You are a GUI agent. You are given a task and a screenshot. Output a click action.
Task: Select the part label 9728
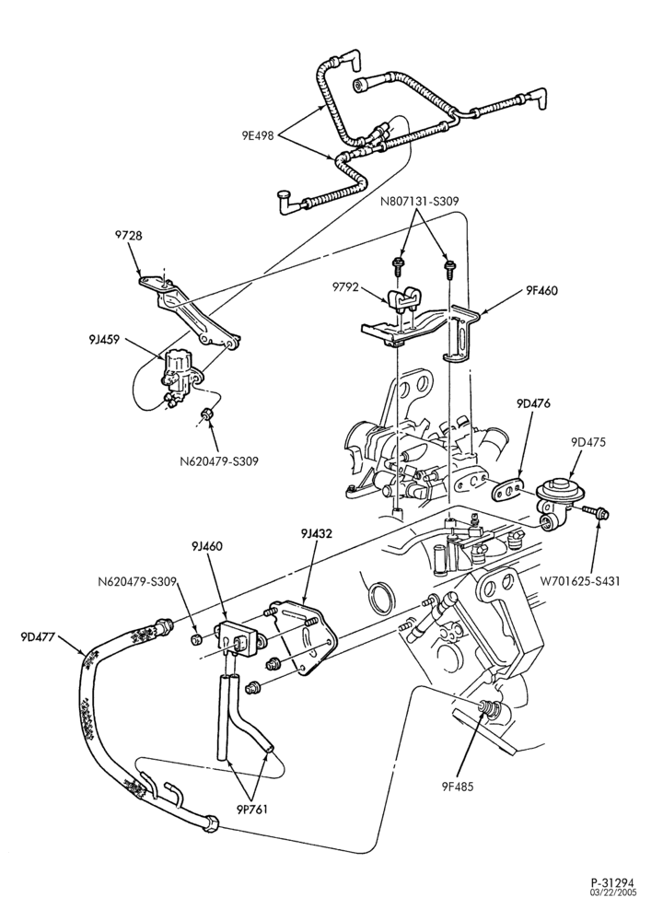[128, 236]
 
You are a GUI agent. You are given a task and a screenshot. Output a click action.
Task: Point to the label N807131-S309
[419, 202]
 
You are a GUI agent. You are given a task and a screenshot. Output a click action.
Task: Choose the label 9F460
[541, 290]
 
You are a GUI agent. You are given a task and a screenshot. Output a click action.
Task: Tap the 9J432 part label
[317, 534]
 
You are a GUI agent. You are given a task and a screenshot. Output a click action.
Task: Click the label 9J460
[206, 546]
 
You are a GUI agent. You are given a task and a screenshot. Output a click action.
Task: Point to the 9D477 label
[37, 636]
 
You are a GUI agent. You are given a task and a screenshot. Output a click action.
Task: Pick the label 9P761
[252, 809]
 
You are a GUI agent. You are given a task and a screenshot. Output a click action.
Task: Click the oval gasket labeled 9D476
[506, 490]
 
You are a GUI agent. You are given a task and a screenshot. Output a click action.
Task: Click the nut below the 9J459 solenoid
[206, 416]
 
